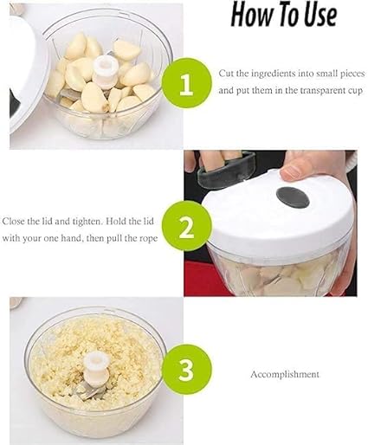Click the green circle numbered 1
[x=187, y=82]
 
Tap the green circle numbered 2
[x=187, y=227]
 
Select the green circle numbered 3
[x=187, y=370]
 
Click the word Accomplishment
[x=285, y=374]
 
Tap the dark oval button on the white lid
[x=293, y=198]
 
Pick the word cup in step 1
[x=353, y=91]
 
